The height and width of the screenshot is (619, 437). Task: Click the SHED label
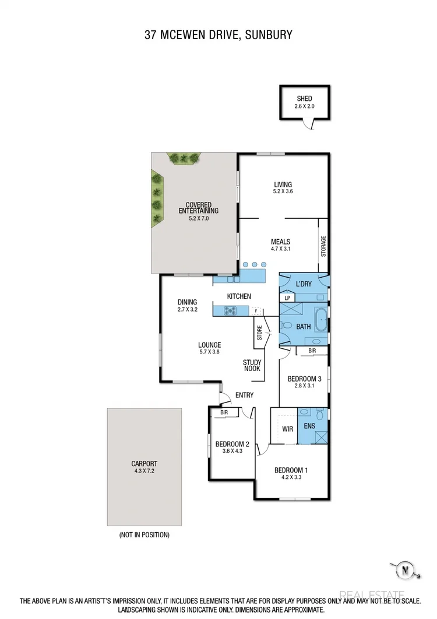point(304,99)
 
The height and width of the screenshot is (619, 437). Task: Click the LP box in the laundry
point(287,298)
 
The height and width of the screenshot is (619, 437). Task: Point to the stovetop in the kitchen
point(228,311)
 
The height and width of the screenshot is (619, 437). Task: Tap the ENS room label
point(309,426)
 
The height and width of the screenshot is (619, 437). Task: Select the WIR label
point(288,428)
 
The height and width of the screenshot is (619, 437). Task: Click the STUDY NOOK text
point(252,365)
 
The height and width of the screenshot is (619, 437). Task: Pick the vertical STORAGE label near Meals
point(324,246)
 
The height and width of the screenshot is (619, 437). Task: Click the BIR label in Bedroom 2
point(224,412)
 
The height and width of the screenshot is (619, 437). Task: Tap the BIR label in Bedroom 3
point(312,351)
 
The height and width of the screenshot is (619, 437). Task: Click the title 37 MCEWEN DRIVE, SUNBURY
point(218,35)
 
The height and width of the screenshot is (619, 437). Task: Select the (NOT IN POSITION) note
point(144,534)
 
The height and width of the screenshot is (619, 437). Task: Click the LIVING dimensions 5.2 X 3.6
point(283,191)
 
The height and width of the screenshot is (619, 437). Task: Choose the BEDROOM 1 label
point(290,470)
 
